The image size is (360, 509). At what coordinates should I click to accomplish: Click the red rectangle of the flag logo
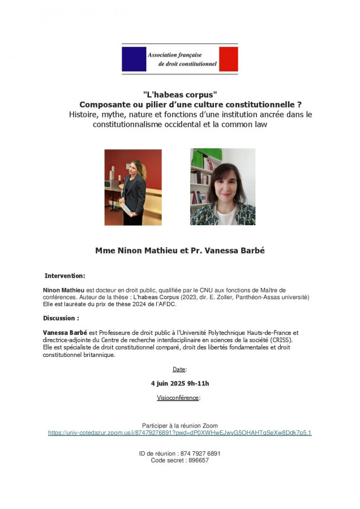(x=228, y=59)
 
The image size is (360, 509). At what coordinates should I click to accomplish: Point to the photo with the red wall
(x=133, y=187)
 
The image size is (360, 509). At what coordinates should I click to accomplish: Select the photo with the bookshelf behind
(x=222, y=187)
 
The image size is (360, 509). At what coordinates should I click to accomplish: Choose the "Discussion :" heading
(x=61, y=318)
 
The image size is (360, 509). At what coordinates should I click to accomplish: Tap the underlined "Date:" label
(x=179, y=369)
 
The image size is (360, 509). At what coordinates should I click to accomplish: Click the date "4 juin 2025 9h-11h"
(x=180, y=383)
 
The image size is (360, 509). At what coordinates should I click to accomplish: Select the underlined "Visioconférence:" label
(x=179, y=398)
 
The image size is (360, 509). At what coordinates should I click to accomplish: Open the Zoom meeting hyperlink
(x=179, y=433)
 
